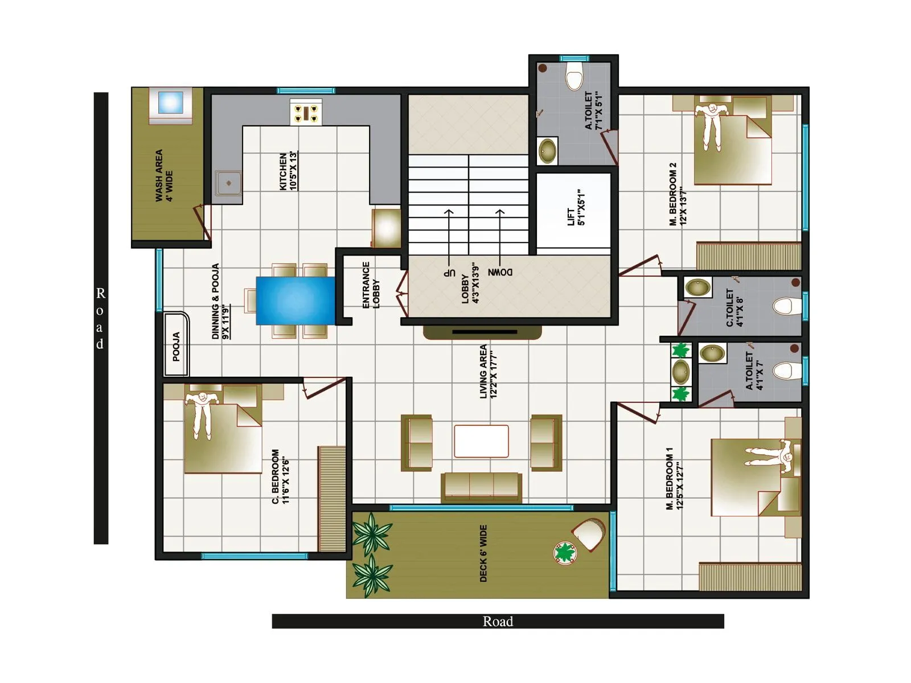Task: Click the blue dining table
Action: (295, 301)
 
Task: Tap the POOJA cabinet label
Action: (176, 346)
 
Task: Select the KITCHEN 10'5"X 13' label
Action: (288, 171)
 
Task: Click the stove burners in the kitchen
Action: (306, 112)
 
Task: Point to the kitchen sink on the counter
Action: (228, 183)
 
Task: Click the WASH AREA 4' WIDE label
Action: (164, 175)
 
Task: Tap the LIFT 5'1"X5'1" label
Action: (576, 208)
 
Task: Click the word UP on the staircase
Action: (450, 273)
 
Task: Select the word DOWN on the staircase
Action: (500, 272)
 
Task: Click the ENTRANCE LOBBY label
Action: (371, 285)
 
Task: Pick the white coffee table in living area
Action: (481, 441)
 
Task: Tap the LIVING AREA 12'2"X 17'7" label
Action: (488, 371)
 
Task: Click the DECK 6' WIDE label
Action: (483, 553)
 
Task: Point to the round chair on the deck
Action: (589, 533)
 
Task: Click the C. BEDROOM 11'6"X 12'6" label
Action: (281, 476)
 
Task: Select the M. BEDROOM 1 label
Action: (675, 478)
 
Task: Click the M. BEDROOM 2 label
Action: (678, 194)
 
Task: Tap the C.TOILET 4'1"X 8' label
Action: (734, 308)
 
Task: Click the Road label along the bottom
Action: (498, 622)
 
